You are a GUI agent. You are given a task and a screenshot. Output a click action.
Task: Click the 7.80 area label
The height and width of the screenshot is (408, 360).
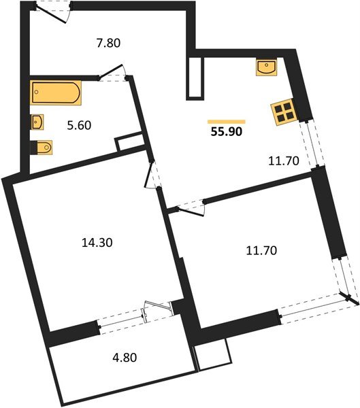pos(108,42)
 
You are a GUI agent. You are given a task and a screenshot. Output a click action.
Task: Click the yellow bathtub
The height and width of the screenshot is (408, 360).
pos(56,93)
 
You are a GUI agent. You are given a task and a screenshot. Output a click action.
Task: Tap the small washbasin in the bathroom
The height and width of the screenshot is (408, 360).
pos(37,122)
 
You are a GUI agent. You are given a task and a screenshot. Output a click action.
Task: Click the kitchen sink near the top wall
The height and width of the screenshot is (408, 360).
pos(266,67)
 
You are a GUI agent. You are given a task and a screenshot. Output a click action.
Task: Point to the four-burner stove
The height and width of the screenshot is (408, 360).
pos(282,113)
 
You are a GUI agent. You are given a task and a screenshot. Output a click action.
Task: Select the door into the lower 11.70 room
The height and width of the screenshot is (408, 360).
pos(190,207)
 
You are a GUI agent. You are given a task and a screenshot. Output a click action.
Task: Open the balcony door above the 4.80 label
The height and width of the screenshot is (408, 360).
pos(156,311)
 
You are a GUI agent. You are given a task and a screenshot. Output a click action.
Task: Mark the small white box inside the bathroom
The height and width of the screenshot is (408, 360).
pos(127,144)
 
